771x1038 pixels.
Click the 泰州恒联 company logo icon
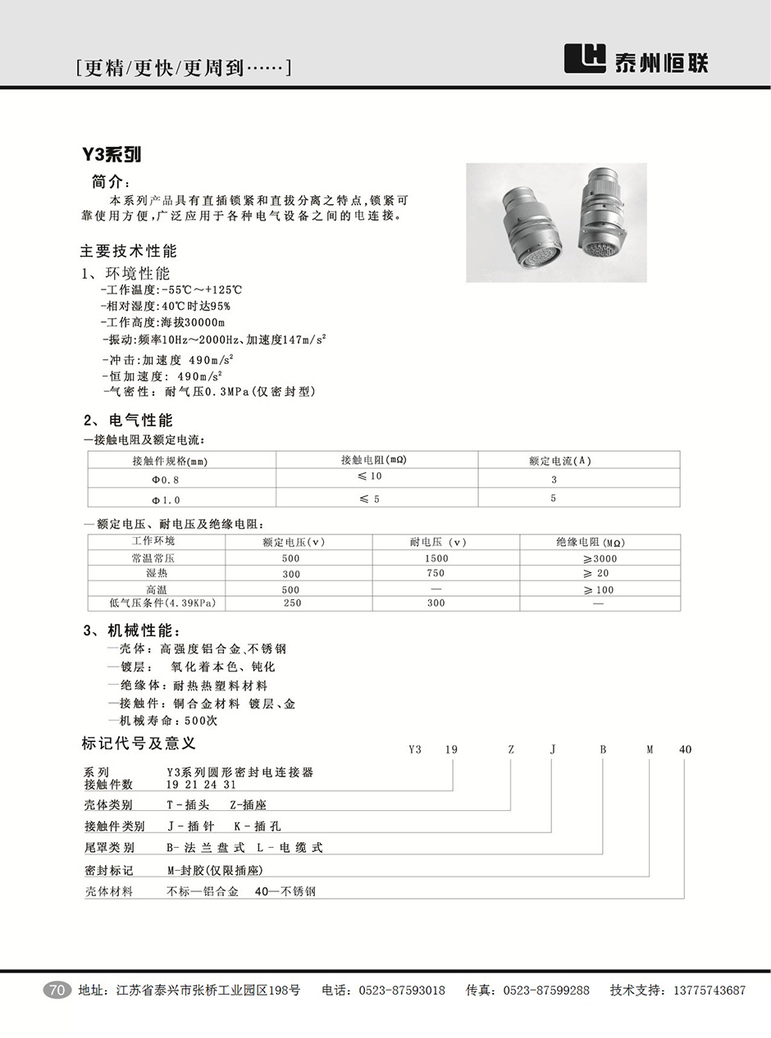[585, 59]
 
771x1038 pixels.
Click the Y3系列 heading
[111, 155]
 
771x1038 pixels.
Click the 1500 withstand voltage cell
[436, 558]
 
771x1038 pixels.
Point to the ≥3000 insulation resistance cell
[599, 558]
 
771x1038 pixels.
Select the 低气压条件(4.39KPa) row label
[156, 603]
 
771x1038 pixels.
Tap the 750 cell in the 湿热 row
[436, 573]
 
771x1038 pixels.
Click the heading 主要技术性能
[128, 251]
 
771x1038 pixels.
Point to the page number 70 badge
[57, 990]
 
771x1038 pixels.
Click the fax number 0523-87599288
[545, 990]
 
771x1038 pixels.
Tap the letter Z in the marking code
[511, 749]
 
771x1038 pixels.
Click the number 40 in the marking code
[686, 749]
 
